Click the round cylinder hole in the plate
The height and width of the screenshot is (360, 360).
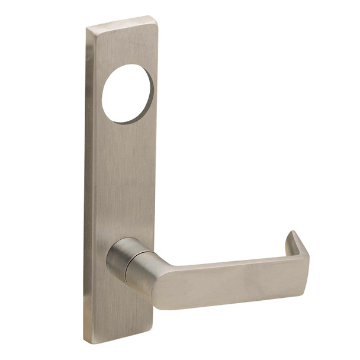pyautogui.click(x=127, y=93)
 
